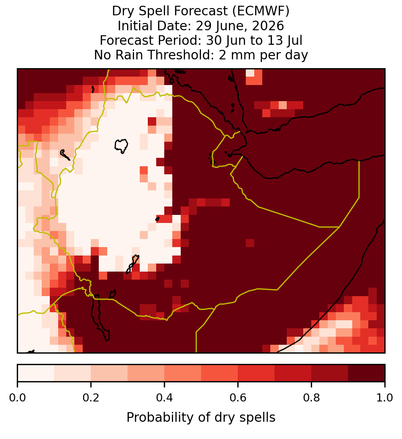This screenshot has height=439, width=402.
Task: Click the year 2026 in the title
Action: point(268,26)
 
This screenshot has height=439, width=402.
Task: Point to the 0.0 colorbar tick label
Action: point(17,398)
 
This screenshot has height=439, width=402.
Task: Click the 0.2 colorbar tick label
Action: point(91,398)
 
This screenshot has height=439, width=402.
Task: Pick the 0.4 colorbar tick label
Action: point(165,398)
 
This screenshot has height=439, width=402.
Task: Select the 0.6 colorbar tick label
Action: point(238,398)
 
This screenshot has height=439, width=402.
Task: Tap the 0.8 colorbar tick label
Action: point(311,398)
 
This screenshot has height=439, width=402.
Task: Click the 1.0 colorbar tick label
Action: point(385,398)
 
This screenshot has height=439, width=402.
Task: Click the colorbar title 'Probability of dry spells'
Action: point(201,418)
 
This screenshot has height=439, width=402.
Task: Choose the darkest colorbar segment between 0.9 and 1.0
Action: point(366,373)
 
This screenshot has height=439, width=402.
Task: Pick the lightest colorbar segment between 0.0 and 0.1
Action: point(36,373)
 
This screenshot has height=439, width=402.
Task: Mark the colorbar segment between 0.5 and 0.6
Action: point(219,373)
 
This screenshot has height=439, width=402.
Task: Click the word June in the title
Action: point(228,26)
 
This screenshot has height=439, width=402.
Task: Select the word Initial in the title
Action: point(136,26)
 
